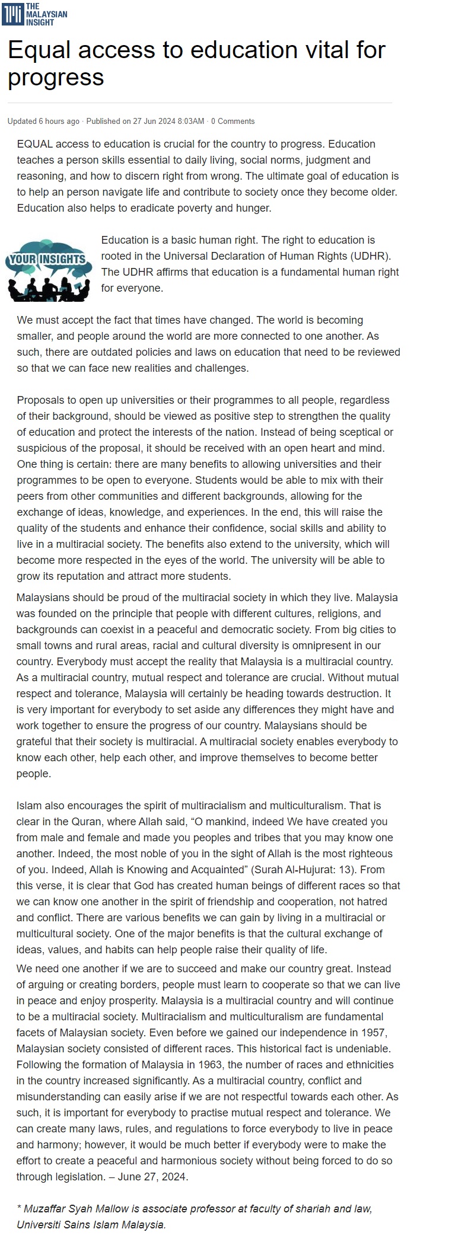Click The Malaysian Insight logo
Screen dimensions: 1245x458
coord(34,14)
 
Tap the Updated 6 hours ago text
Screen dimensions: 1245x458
coord(43,121)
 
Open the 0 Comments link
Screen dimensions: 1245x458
coord(233,121)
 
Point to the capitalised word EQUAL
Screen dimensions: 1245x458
coord(34,144)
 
